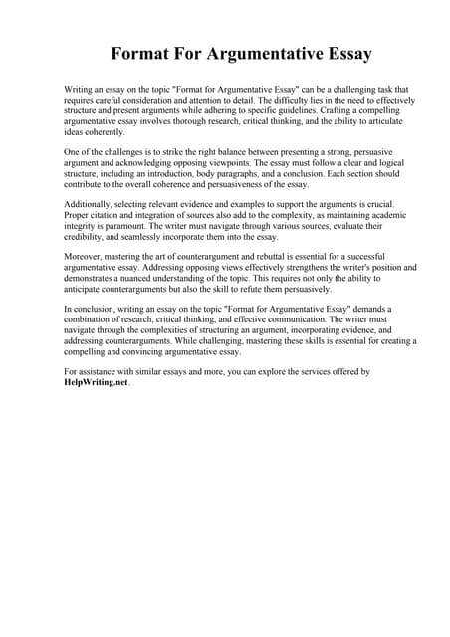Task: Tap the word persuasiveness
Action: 236,185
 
